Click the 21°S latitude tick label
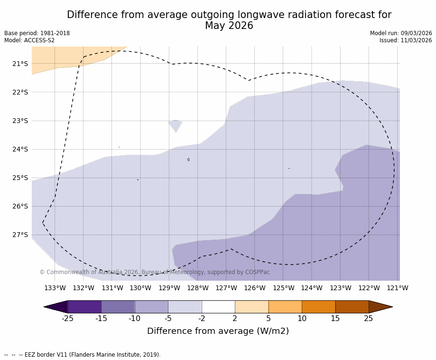[x=20, y=64]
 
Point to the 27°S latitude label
[x=20, y=235]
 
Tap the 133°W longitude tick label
[x=55, y=288]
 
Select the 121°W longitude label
[x=397, y=288]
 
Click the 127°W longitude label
[x=226, y=288]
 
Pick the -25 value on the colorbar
[x=67, y=318]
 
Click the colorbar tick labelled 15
[x=335, y=318]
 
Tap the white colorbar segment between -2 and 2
[x=218, y=307]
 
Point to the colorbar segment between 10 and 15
[x=318, y=307]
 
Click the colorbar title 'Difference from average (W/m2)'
[x=218, y=331]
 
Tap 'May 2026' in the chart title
[x=229, y=26]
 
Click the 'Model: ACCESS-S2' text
[x=29, y=40]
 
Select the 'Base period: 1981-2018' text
[x=37, y=33]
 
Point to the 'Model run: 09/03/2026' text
[x=401, y=33]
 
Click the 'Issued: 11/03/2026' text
[x=406, y=40]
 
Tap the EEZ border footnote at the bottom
[x=83, y=355]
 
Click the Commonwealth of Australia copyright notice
[x=155, y=272]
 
